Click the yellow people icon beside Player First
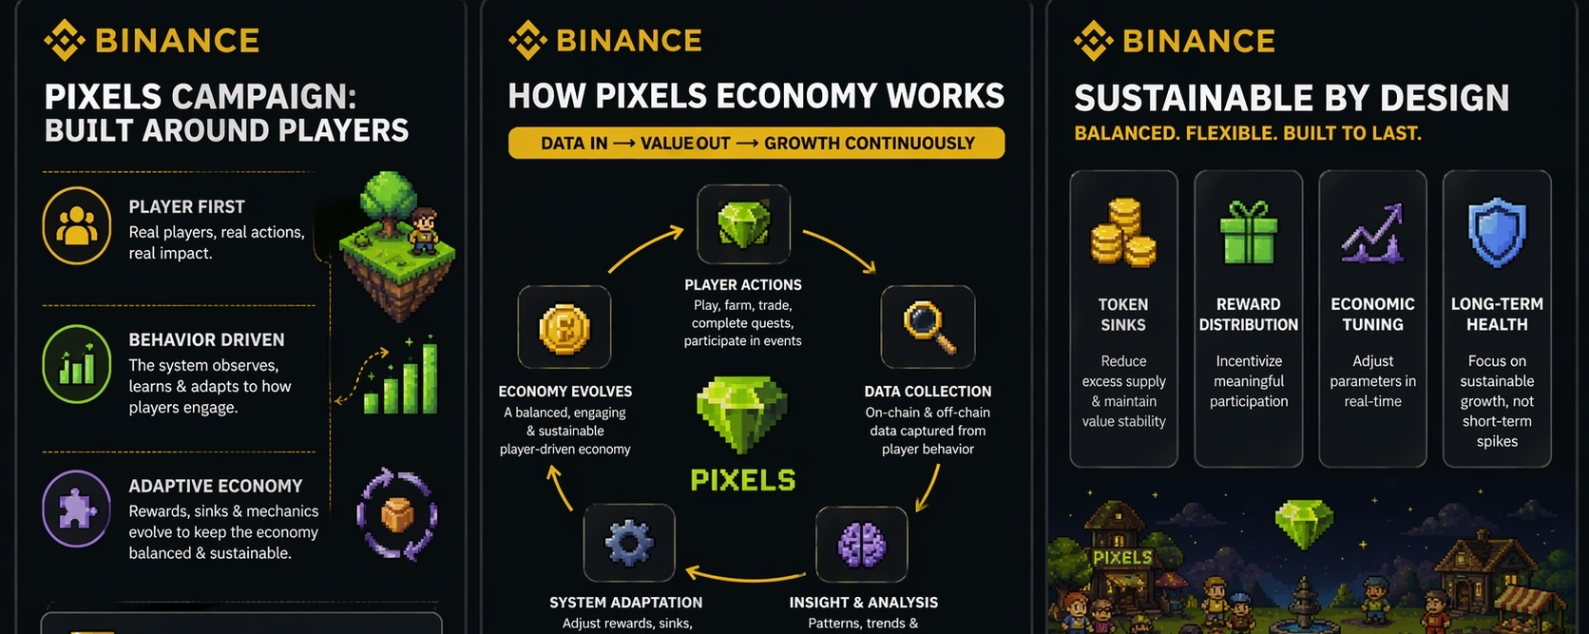pos(77,226)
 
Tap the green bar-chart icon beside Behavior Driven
pos(77,364)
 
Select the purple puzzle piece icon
pos(77,509)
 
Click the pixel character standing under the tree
pos(424,231)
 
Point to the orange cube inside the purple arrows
pos(397,515)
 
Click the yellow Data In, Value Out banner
pos(756,144)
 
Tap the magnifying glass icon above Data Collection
pos(928,326)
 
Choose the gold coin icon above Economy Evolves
pos(565,328)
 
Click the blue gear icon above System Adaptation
pos(629,543)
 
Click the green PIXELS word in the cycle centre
pos(742,481)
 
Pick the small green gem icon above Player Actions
pos(743,224)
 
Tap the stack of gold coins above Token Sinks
pos(1123,233)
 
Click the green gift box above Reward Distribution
pos(1248,233)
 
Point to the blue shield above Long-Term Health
pos(1497,233)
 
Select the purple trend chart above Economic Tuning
pos(1372,234)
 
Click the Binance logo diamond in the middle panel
pos(527,41)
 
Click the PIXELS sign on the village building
pos(1122,558)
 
